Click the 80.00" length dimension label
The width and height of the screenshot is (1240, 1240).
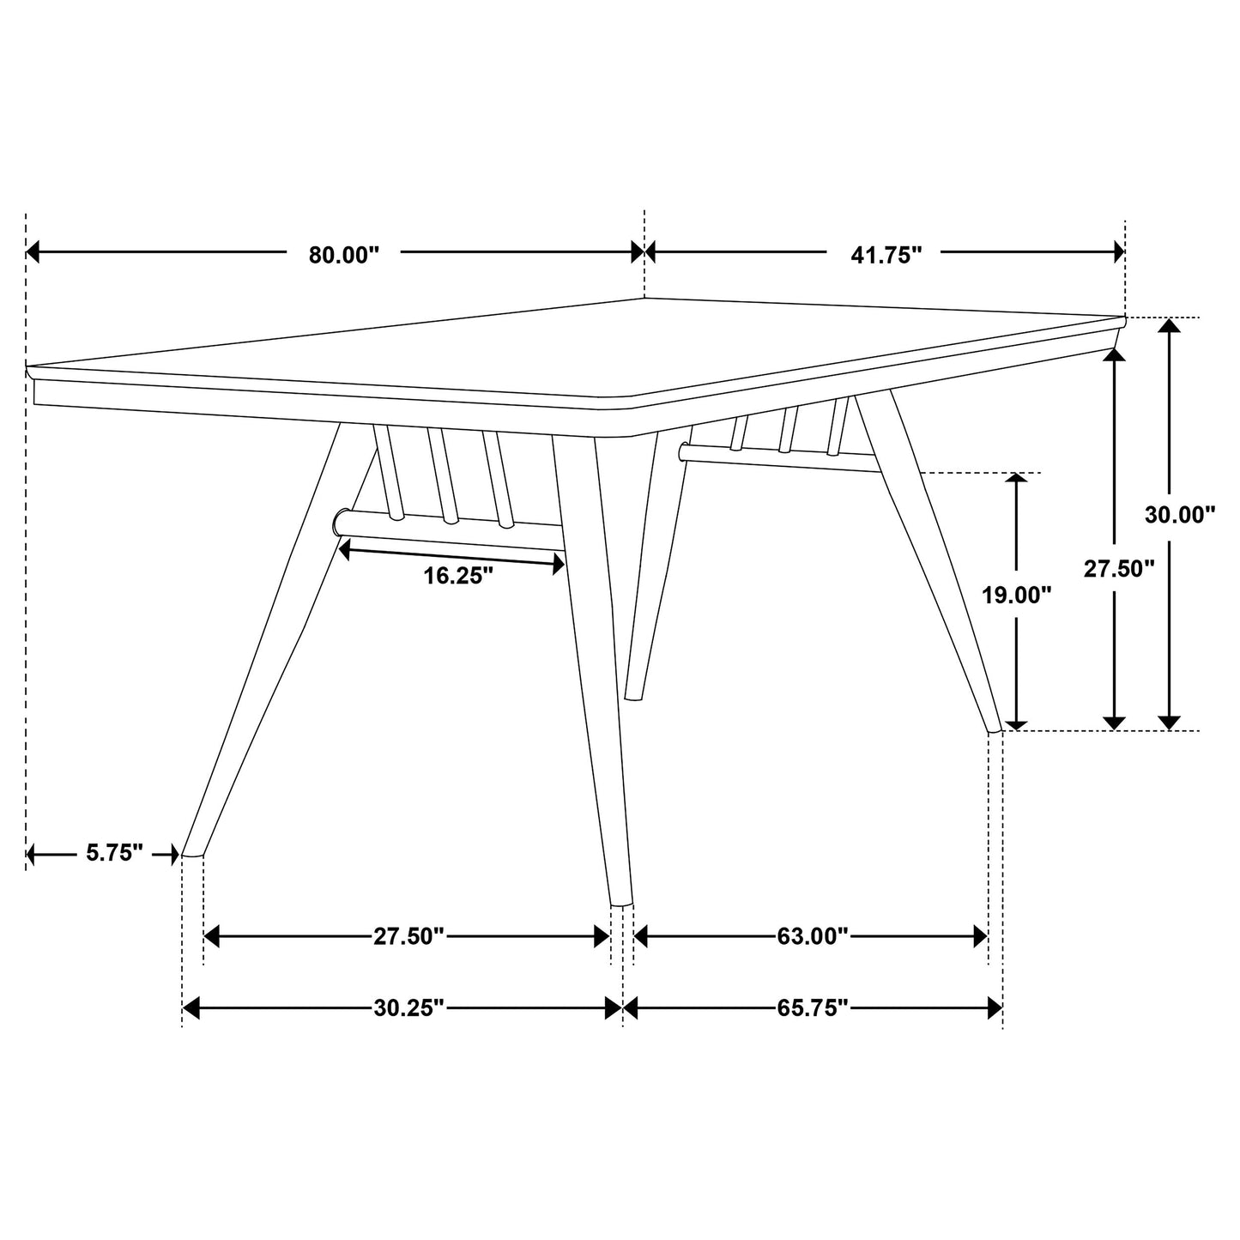click(343, 255)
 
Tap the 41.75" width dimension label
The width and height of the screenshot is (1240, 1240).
click(886, 255)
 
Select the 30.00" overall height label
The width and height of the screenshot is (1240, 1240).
click(1180, 515)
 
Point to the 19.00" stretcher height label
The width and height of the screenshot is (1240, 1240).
click(1017, 595)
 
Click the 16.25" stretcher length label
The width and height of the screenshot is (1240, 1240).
click(458, 576)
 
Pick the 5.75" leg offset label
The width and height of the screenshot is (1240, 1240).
click(114, 854)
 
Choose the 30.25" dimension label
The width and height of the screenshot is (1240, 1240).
click(408, 1007)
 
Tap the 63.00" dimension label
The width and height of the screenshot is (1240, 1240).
click(813, 936)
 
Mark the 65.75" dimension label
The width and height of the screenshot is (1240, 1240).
click(813, 1007)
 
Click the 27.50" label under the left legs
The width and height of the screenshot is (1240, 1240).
click(408, 936)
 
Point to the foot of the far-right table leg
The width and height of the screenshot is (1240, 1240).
click(995, 729)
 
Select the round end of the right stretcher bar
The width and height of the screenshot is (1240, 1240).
click(684, 451)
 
